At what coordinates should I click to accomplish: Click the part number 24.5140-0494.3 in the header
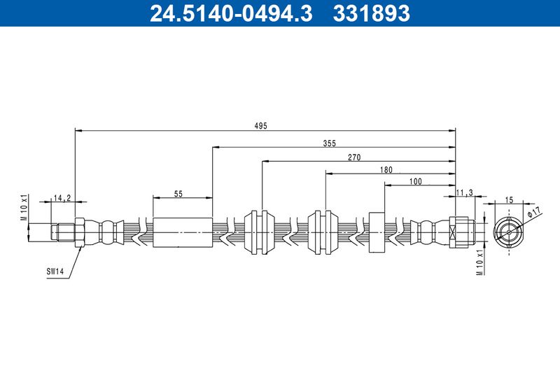coord(231,13)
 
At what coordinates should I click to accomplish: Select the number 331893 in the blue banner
coord(372,13)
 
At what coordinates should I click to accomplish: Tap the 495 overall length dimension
coord(260,126)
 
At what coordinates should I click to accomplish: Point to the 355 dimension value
coord(329,143)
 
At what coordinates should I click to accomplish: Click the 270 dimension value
coord(354,157)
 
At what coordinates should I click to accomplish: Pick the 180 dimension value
coord(386,170)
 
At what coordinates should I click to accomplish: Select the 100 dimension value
coord(415,181)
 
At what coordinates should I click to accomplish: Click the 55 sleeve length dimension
coord(178,194)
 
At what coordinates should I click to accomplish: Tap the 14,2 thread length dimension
coord(62,198)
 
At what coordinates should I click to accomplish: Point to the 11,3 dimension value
coord(465,192)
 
